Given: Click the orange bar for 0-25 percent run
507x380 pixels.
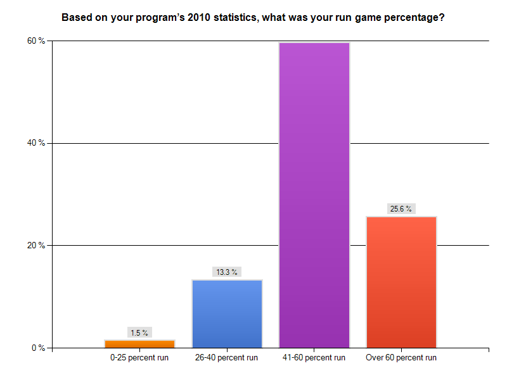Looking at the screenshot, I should tap(139, 344).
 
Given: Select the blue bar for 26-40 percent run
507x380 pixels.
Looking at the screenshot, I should tap(227, 313).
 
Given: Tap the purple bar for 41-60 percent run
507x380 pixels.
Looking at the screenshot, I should tap(314, 195).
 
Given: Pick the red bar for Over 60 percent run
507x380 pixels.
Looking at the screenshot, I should tap(401, 282).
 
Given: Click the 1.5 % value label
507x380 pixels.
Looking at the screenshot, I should tap(139, 332).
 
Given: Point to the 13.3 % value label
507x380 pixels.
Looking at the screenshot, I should tap(227, 272).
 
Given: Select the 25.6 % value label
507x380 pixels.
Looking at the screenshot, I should tap(401, 209).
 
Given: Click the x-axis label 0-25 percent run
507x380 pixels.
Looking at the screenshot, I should tap(139, 358).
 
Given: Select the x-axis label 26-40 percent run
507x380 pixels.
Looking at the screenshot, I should tap(227, 358).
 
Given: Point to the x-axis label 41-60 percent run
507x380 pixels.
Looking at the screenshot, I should tap(314, 358).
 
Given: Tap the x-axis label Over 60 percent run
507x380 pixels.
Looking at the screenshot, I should tap(401, 358).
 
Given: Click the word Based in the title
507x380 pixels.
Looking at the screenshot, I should tap(75, 18).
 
